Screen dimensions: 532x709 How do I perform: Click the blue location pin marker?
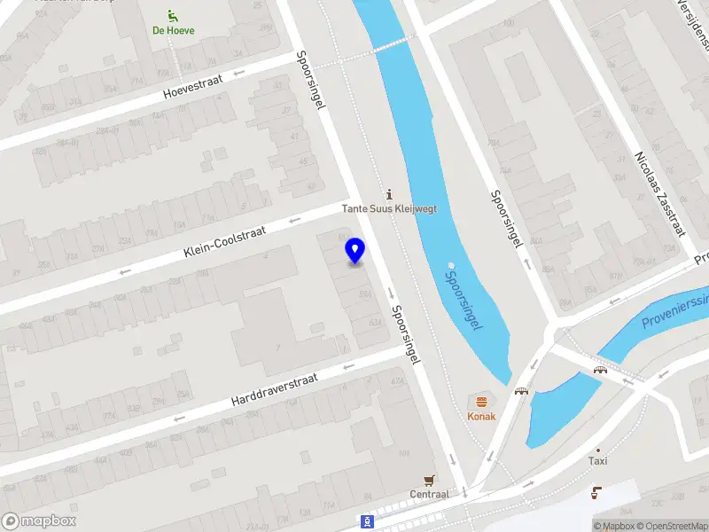355,251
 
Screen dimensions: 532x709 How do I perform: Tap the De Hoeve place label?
173,30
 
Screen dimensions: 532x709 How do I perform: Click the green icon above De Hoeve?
172,15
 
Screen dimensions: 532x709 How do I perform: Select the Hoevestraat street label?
192,86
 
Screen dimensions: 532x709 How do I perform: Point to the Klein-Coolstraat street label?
226,240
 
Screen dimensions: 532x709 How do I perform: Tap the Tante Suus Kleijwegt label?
390,209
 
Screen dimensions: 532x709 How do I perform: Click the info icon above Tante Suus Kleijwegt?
387,194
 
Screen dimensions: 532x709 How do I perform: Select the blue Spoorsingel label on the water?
463,300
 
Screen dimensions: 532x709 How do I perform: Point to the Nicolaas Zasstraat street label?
659,192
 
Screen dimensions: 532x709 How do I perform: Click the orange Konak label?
482,416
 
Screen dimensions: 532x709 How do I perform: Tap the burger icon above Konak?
482,402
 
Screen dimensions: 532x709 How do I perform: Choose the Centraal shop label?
429,494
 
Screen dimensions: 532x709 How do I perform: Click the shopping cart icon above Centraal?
430,480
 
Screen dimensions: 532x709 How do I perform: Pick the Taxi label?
598,461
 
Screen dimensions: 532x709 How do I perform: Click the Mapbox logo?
39,521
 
